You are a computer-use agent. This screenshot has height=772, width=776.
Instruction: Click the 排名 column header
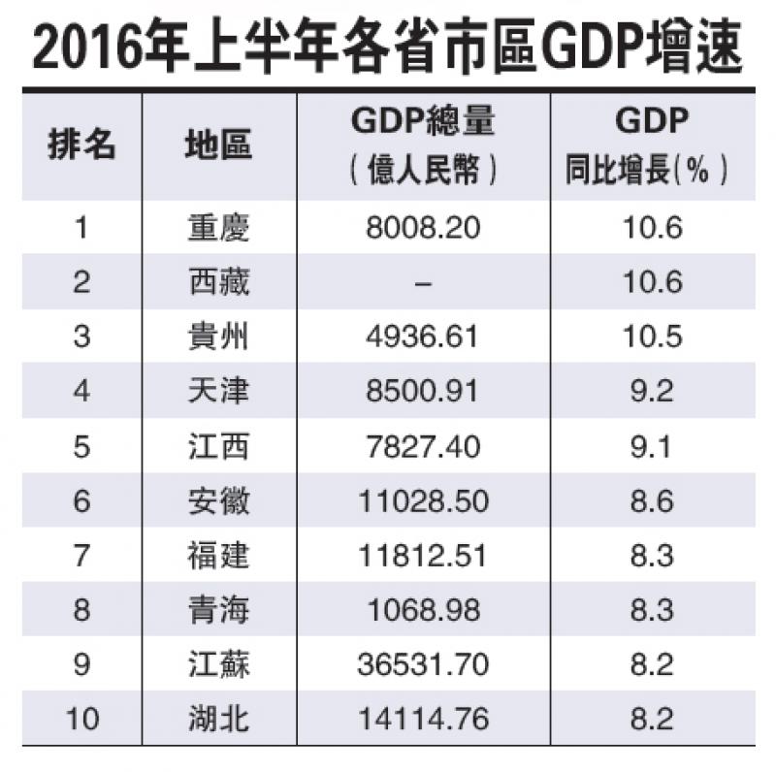click(x=81, y=145)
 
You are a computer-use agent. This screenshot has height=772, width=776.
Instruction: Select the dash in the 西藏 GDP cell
click(x=422, y=283)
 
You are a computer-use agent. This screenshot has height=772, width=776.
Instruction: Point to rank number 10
click(x=81, y=720)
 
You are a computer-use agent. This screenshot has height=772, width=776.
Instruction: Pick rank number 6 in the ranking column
click(x=81, y=501)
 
